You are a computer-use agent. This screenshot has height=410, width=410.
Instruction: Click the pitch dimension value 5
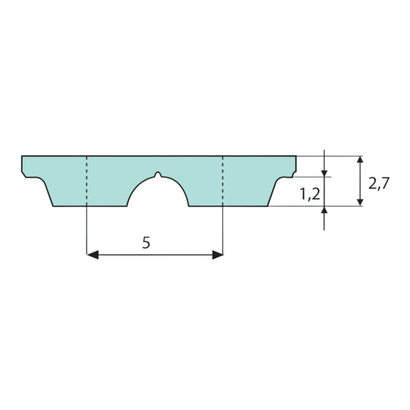pyautogui.click(x=146, y=243)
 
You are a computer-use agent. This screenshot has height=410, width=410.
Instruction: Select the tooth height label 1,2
pyautogui.click(x=310, y=194)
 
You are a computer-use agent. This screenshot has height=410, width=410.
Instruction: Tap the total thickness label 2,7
pyautogui.click(x=379, y=183)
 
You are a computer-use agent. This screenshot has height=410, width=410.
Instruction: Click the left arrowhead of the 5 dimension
pyautogui.click(x=92, y=254)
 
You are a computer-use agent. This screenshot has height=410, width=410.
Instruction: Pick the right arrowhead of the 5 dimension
pyautogui.click(x=217, y=254)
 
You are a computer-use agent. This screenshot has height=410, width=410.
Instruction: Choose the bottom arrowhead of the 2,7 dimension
pyautogui.click(x=360, y=202)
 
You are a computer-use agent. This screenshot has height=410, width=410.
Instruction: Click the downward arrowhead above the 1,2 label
pyautogui.click(x=324, y=174)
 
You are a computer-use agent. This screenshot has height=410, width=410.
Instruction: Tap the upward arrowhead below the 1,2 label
pyautogui.click(x=324, y=210)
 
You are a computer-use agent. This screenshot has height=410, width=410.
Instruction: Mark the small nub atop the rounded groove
pyautogui.click(x=158, y=174)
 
